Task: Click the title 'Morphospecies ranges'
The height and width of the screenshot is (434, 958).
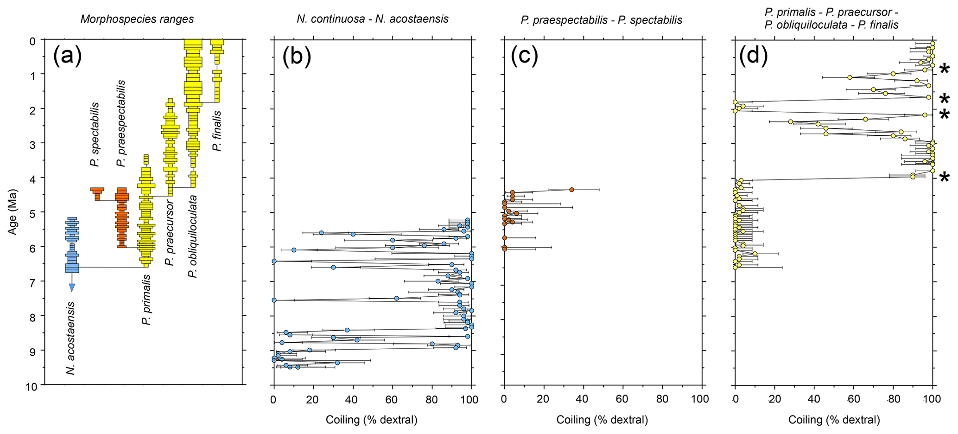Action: pyautogui.click(x=137, y=19)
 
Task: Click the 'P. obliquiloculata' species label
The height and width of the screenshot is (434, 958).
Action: pyautogui.click(x=193, y=236)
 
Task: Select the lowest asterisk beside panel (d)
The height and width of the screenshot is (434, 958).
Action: pyautogui.click(x=944, y=178)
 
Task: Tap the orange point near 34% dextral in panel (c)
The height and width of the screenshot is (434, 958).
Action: pyautogui.click(x=571, y=190)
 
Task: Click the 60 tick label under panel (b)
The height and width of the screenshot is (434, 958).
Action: pyautogui.click(x=392, y=399)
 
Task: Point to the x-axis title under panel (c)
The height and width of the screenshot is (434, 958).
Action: pyautogui.click(x=602, y=420)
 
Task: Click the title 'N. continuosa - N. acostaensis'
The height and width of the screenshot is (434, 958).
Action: pyautogui.click(x=372, y=19)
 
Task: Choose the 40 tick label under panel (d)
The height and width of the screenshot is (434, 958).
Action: pyautogui.click(x=814, y=399)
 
